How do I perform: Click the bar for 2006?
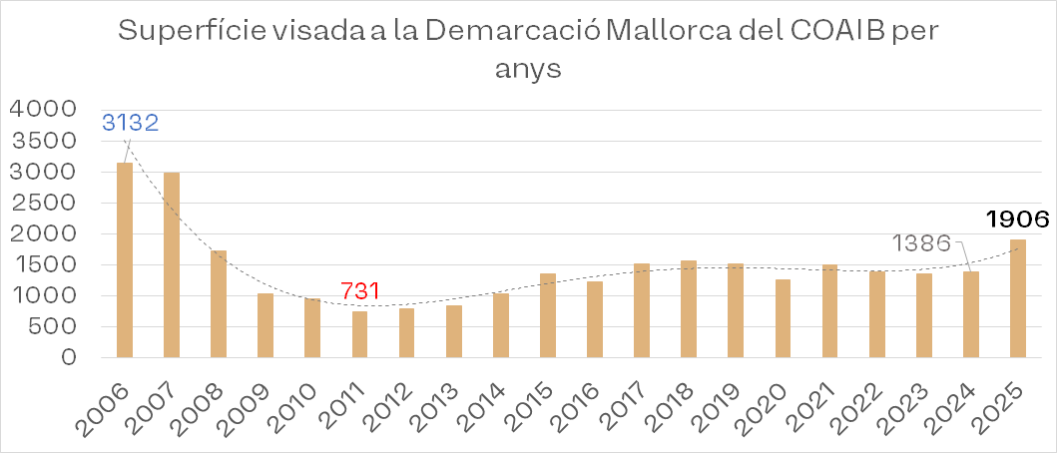point(125,259)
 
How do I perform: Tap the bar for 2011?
point(359,333)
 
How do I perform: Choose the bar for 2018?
point(689,308)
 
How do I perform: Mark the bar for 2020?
point(783,317)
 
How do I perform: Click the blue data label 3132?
point(131,123)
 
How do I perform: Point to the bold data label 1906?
point(1017,220)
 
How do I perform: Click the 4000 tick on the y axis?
point(42,110)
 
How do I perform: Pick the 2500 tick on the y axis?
point(42,203)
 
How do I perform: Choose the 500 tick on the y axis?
point(50,326)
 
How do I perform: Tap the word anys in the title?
point(528,70)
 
